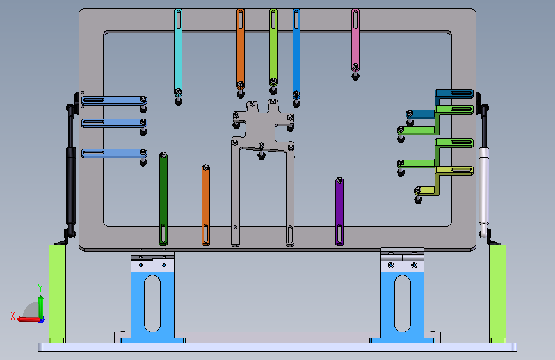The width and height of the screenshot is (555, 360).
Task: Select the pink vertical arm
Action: click(355, 40)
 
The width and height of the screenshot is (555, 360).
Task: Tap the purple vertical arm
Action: click(339, 211)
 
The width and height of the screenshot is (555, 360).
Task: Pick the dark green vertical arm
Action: click(163, 199)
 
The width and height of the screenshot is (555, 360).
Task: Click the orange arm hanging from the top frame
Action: click(240, 49)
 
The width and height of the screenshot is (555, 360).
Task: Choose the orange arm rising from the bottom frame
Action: click(205, 205)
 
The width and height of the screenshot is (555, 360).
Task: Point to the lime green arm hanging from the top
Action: click(273, 47)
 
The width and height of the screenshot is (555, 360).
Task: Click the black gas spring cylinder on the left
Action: click(71, 186)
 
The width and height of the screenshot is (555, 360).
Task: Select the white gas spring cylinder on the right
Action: click(484, 185)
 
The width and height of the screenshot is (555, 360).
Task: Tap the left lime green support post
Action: click(57, 293)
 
